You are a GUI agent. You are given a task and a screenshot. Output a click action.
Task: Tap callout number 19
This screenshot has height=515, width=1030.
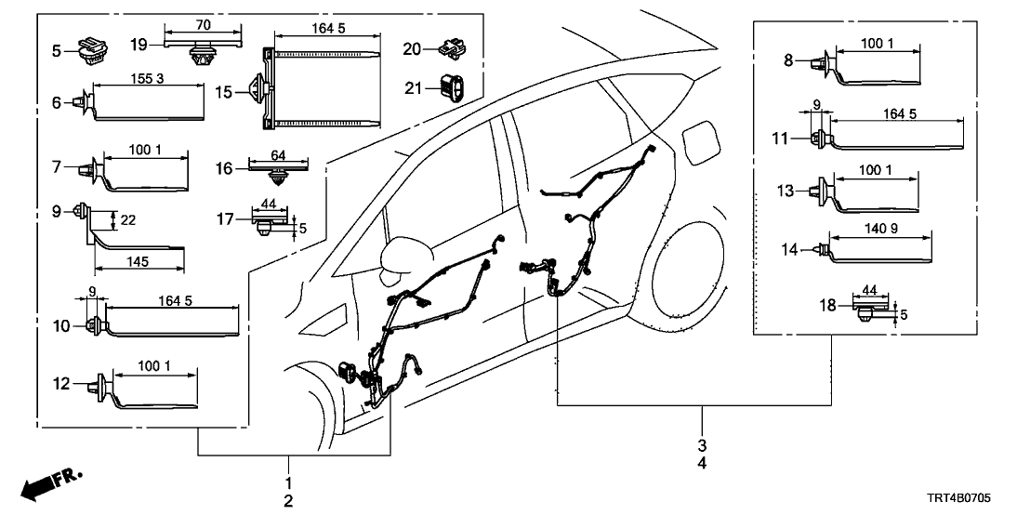pyautogui.click(x=139, y=44)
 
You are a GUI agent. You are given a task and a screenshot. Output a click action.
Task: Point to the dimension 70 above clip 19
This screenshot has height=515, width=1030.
pyautogui.click(x=202, y=25)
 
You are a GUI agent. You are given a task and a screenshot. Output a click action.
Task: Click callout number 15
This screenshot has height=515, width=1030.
pyautogui.click(x=224, y=92)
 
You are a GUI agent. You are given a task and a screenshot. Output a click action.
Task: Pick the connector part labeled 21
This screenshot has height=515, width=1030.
pyautogui.click(x=454, y=87)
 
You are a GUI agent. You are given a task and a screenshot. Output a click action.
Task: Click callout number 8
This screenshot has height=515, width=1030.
pyautogui.click(x=789, y=60)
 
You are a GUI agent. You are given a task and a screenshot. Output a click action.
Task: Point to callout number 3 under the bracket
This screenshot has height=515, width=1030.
pyautogui.click(x=703, y=445)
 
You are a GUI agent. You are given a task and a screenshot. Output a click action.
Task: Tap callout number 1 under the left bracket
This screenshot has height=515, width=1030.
pyautogui.click(x=288, y=482)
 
